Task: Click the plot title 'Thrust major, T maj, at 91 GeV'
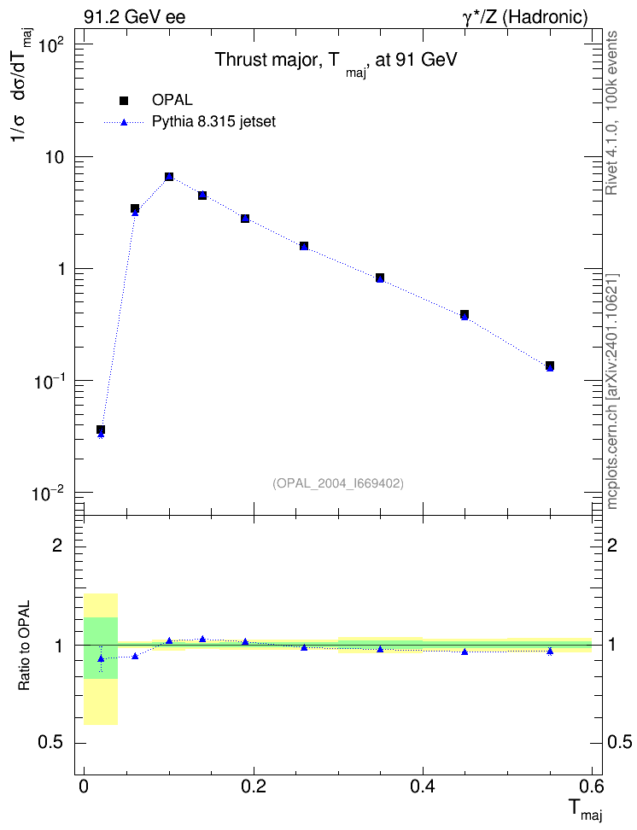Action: click(336, 62)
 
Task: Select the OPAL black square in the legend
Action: click(124, 100)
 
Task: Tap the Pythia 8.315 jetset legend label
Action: click(214, 122)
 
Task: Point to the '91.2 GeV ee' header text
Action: click(135, 17)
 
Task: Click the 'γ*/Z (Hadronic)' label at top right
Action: click(525, 18)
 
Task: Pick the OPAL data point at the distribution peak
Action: click(169, 177)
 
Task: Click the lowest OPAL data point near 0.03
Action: click(101, 430)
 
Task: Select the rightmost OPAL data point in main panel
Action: click(550, 365)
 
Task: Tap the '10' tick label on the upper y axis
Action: click(54, 157)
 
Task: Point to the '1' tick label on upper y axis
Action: click(60, 269)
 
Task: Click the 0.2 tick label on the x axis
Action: click(253, 787)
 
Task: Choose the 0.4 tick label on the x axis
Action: click(423, 787)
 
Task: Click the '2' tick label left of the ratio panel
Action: click(58, 545)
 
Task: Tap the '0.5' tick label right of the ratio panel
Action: click(619, 743)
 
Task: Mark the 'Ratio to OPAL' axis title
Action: click(24, 646)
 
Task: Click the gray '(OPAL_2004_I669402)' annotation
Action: click(338, 483)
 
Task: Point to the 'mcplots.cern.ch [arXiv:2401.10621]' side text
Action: click(612, 391)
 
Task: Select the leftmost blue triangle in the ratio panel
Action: click(101, 658)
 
